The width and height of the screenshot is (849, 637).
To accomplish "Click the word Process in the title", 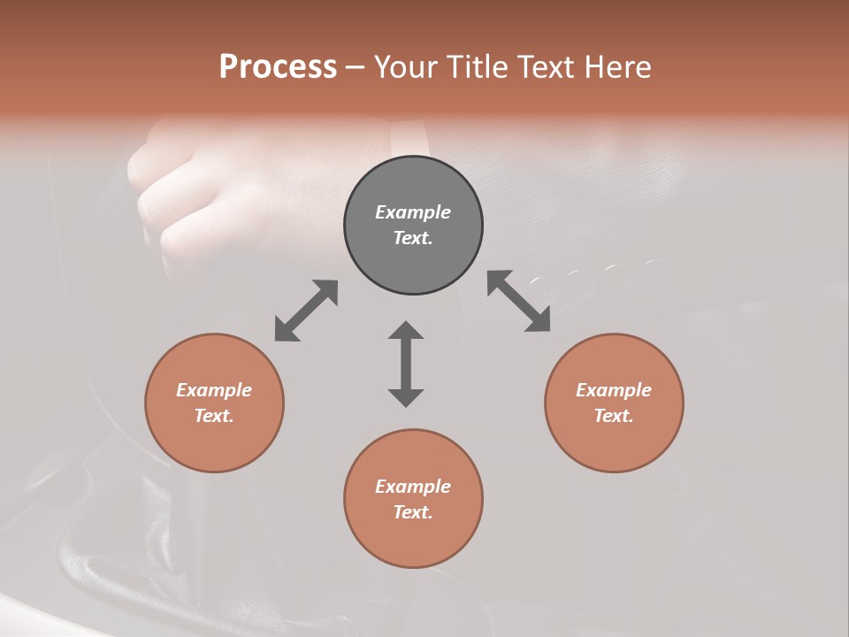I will coord(278,67).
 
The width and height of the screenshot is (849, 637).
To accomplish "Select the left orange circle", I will coord(214,442).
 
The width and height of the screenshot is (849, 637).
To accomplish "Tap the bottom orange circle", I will coord(413,540).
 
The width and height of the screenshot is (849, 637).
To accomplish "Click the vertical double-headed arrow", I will coord(406,364).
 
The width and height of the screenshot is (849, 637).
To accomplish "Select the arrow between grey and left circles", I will coord(306,311).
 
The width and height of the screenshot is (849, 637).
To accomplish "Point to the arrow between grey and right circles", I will coord(518,301).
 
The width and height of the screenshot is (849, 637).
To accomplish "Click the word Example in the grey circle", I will coord(413,212).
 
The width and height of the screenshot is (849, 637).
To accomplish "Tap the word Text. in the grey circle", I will coord(413,238).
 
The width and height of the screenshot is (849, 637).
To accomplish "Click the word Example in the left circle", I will coord(214,390).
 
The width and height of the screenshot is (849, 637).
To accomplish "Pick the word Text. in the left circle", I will coord(214,416).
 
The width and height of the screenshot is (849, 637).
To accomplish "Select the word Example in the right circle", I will coord(614,390).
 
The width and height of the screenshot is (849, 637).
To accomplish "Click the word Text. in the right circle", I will coord(614,416).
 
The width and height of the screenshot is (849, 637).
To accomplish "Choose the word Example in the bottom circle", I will coord(413,487).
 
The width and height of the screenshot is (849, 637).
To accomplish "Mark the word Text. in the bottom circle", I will coord(413,512).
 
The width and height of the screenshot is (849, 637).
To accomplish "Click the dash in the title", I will coord(356,67).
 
